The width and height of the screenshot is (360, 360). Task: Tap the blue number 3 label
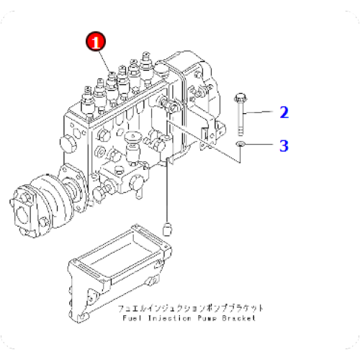pos(284,146)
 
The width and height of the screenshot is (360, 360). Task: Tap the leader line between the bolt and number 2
pos(260,112)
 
